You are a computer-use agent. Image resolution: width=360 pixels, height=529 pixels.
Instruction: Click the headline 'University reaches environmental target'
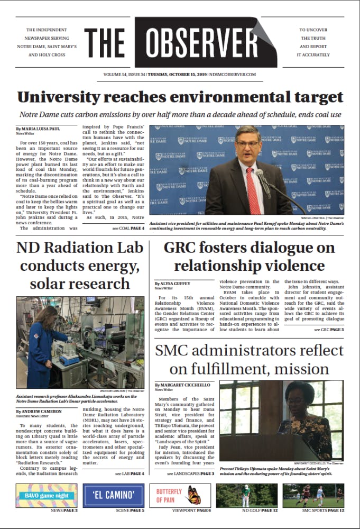pos(180,97)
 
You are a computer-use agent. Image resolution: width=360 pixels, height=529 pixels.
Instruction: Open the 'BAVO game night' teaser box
pos(46,496)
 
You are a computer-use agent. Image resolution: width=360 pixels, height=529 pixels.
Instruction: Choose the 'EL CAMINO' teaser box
pos(113,496)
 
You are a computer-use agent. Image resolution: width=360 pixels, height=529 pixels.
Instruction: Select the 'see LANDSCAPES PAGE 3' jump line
pos(191,473)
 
